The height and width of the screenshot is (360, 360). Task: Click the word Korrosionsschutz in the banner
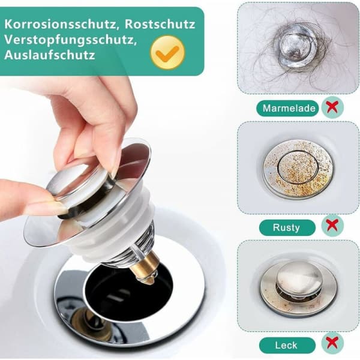[60, 25]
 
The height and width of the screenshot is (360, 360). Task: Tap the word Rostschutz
[160, 24]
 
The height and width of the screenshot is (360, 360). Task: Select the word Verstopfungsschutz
[70, 40]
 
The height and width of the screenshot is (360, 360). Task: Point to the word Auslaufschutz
[50, 55]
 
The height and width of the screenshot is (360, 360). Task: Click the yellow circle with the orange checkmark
[167, 53]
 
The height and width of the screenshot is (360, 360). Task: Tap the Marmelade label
[288, 108]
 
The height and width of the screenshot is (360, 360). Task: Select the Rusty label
[287, 227]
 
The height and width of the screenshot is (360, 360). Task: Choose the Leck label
[287, 345]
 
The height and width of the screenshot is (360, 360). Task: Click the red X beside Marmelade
[332, 107]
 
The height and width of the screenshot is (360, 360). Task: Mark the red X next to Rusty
[332, 225]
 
